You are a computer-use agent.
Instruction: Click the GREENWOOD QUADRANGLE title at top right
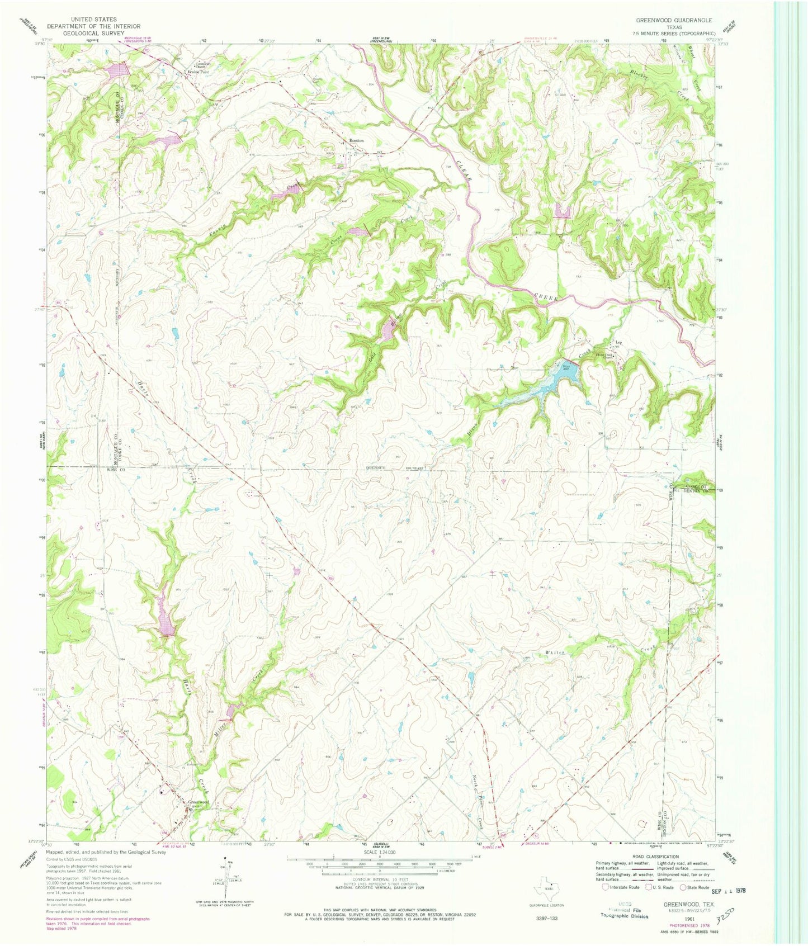(673, 20)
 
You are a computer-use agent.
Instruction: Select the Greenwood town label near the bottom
(199, 802)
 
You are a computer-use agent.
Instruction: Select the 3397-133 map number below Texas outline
(546, 918)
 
